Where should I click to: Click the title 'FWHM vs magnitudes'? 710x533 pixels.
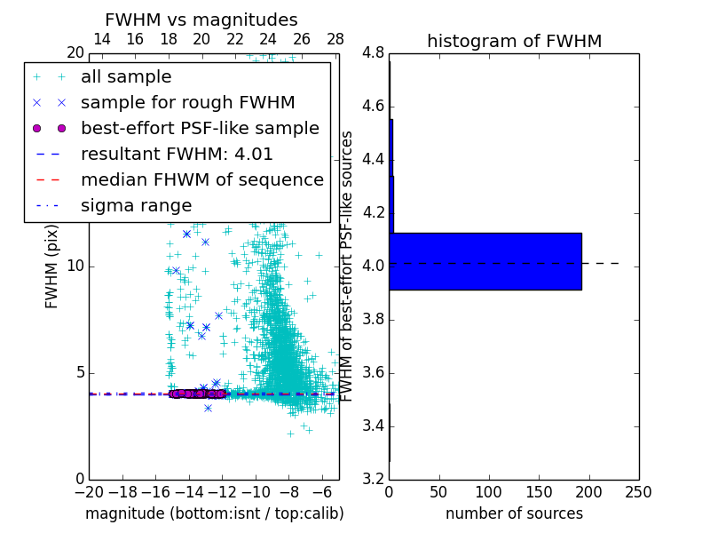(201, 20)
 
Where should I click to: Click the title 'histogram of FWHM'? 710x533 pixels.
(514, 41)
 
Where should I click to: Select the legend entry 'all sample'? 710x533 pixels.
(126, 76)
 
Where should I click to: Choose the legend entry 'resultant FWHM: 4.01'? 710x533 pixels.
(177, 154)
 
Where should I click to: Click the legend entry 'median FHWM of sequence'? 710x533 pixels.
(201, 179)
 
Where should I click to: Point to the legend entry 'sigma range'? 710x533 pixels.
(136, 205)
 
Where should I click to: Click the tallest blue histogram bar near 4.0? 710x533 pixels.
(485, 261)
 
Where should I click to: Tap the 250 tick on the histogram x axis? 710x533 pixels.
(638, 491)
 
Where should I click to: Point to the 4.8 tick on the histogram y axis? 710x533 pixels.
(373, 53)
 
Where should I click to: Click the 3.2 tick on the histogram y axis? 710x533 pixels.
(373, 479)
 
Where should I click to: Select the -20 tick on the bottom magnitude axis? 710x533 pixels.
(89, 491)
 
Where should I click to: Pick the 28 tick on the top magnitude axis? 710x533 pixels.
(335, 39)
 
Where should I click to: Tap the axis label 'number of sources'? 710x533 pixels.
(514, 513)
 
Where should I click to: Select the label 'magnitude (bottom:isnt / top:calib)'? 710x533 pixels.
(214, 513)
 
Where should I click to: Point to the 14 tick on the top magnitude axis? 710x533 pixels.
(102, 39)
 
